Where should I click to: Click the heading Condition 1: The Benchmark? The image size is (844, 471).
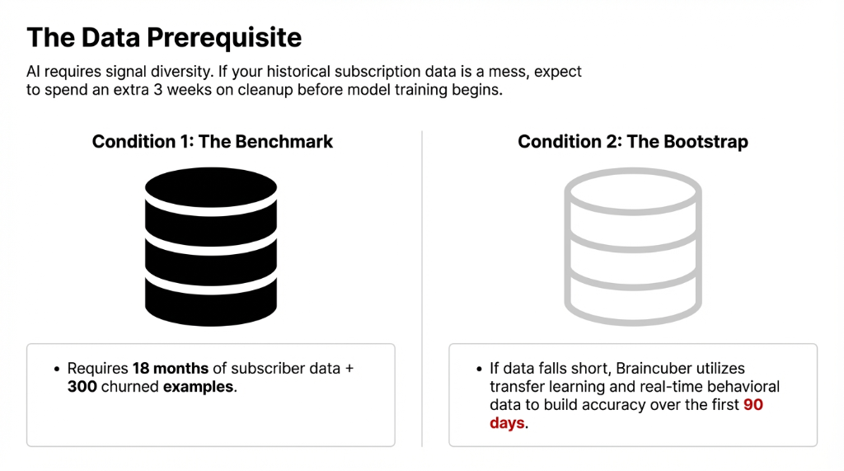click(213, 142)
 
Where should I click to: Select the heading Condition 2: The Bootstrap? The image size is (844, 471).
click(633, 142)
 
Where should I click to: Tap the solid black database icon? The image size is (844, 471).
click(211, 238)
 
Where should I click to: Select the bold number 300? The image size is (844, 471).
click(82, 386)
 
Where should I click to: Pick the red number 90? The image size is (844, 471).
click(753, 405)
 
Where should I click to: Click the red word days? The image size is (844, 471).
click(507, 423)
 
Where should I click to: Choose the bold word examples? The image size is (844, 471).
click(198, 386)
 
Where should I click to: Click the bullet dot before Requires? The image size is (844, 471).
click(57, 370)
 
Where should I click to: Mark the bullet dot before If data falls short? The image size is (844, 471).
click(480, 370)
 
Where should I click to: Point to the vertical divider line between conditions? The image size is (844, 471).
click(422, 289)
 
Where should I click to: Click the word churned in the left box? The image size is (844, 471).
click(129, 386)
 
